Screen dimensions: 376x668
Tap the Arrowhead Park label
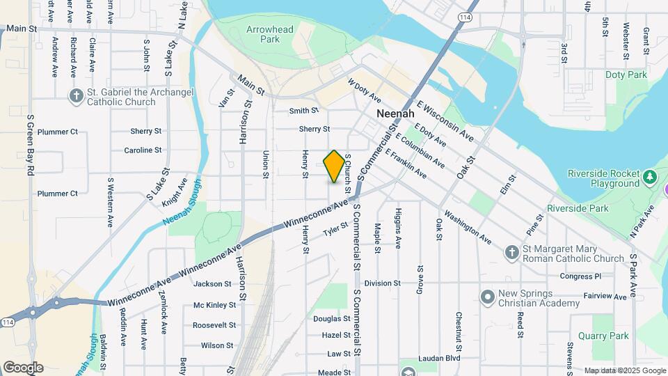(270, 34)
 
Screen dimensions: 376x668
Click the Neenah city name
(395, 113)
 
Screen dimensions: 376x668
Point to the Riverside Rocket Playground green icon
(651, 177)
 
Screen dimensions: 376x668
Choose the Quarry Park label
(609, 336)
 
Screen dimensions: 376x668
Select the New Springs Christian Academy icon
(487, 297)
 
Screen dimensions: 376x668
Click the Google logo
(23, 368)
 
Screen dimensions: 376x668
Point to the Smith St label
(304, 110)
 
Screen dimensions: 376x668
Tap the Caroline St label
(143, 150)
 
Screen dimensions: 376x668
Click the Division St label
(382, 283)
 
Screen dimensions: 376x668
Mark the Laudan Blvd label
(440, 359)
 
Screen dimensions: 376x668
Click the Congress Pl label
(580, 276)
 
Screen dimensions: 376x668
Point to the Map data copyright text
(624, 370)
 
